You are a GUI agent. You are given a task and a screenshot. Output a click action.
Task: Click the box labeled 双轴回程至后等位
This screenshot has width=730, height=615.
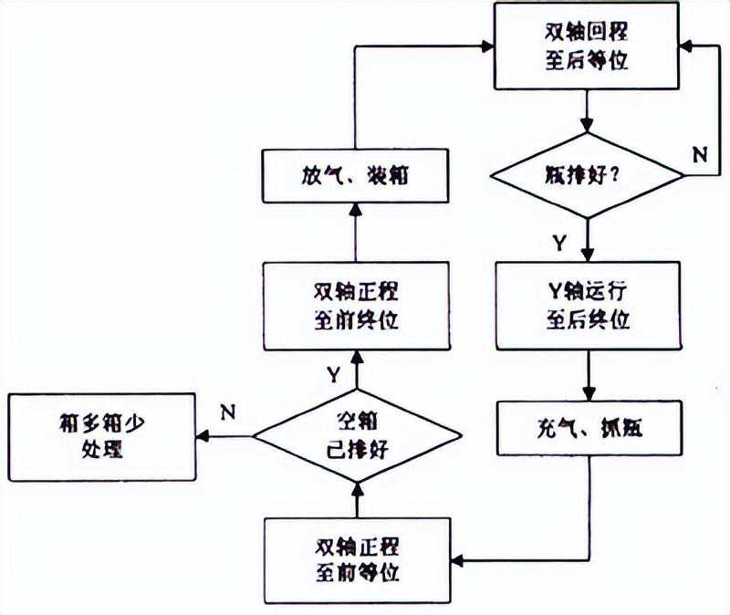[587, 46]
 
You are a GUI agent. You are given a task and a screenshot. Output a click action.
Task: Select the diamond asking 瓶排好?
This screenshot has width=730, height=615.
[587, 174]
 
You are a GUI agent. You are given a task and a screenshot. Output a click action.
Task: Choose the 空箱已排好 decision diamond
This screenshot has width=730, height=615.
[357, 435]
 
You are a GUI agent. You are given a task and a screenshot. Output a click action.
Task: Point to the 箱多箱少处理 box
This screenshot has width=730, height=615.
[101, 436]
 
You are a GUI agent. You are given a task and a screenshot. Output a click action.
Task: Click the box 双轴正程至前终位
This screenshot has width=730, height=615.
[357, 306]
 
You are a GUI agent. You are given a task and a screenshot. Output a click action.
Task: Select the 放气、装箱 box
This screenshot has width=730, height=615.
[357, 175]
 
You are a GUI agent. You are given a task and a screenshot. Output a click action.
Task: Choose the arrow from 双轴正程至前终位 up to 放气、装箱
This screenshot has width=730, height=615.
[357, 232]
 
